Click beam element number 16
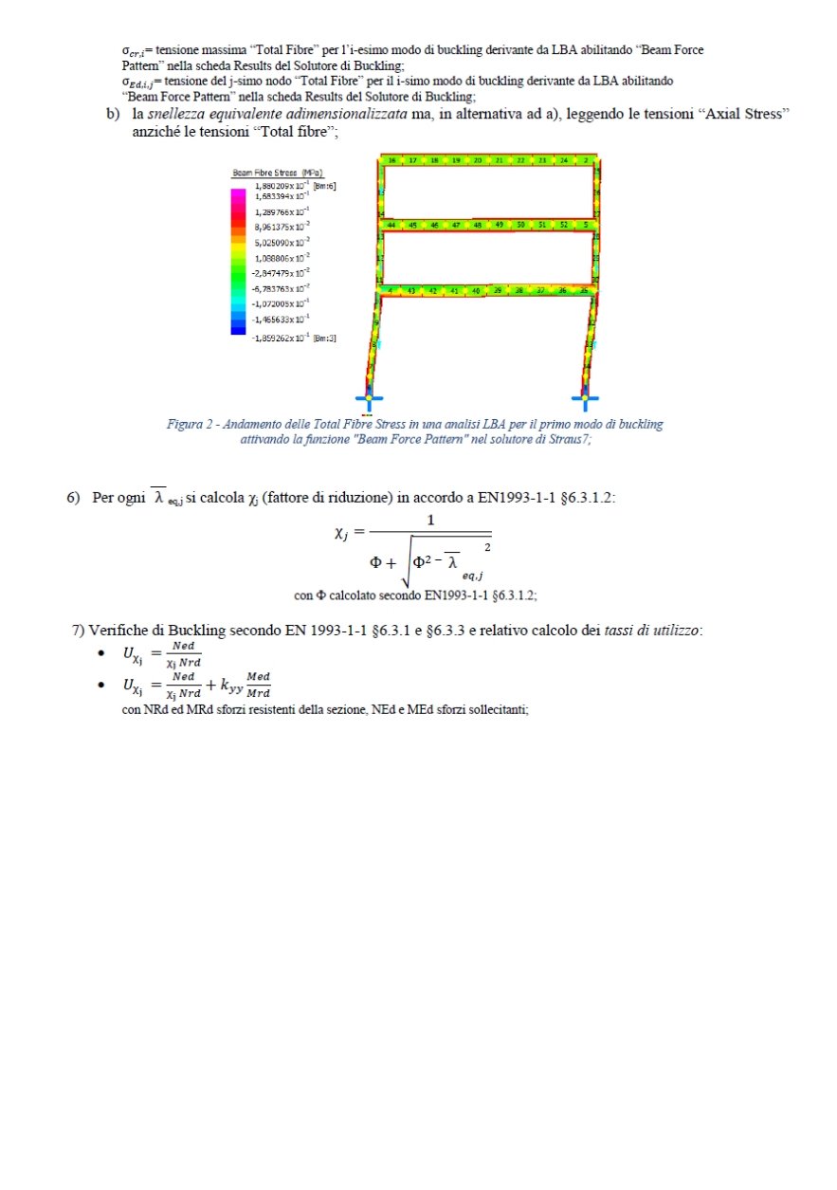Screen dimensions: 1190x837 (x=392, y=161)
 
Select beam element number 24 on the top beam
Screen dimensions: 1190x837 (x=565, y=161)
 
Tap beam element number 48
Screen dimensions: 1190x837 (x=478, y=226)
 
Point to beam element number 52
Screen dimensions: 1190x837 (x=564, y=226)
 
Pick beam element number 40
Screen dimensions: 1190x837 (x=476, y=290)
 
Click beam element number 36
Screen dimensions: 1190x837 (x=563, y=290)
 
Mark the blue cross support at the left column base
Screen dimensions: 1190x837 (x=369, y=397)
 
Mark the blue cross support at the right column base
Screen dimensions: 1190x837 (x=585, y=397)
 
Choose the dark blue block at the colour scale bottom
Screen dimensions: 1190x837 (x=238, y=329)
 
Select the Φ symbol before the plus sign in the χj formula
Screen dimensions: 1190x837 (x=376, y=561)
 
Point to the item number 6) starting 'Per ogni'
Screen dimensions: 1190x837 (x=73, y=498)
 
